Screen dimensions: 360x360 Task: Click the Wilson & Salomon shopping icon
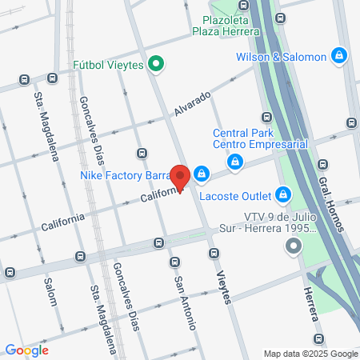click(339, 56)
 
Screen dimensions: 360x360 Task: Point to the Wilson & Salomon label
click(282, 57)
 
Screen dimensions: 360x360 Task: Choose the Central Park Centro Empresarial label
click(260, 138)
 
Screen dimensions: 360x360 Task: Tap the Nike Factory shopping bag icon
click(202, 174)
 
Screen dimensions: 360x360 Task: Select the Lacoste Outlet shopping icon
click(282, 194)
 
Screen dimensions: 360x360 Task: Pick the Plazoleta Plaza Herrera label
click(225, 26)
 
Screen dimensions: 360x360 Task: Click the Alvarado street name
click(194, 106)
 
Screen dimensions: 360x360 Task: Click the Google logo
click(26, 350)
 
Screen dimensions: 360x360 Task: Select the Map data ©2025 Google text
click(311, 354)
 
